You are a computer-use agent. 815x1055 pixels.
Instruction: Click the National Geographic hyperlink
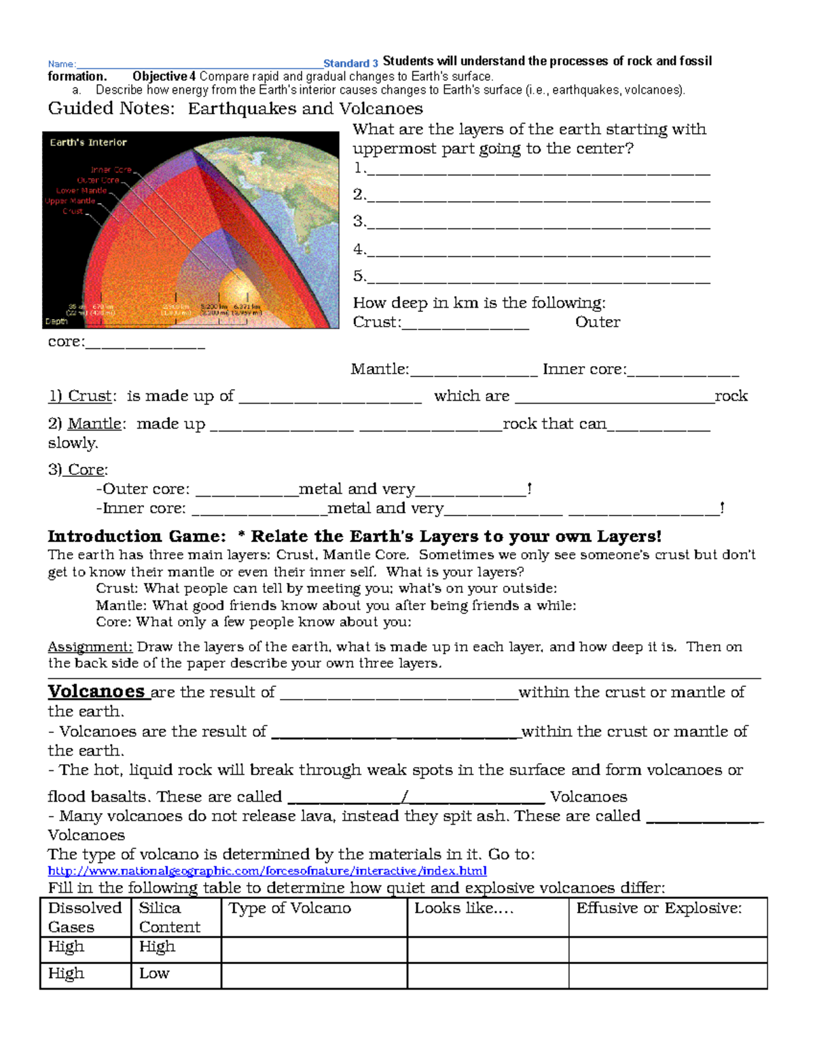pos(267,871)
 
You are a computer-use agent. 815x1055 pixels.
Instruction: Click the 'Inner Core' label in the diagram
pos(111,170)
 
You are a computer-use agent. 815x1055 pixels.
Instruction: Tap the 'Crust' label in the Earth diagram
pos(73,211)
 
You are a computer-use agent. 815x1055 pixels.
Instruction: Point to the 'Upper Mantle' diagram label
pos(70,201)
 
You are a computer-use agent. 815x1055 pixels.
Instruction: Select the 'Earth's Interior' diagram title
pos(88,143)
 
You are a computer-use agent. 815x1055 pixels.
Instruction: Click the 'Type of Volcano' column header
pos(290,908)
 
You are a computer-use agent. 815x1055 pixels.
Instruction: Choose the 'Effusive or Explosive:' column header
pos(659,908)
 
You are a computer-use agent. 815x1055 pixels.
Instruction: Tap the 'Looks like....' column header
pos(464,908)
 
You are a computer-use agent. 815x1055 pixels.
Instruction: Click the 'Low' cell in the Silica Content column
pos(154,973)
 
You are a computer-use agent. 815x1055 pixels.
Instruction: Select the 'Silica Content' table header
pos(169,917)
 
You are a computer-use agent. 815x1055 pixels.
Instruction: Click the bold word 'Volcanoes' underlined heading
pos(96,692)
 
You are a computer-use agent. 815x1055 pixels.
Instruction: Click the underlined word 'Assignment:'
pos(90,647)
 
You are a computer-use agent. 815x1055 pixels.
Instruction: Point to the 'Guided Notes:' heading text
pos(111,109)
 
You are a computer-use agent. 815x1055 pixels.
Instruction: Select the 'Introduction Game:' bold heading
pos(137,536)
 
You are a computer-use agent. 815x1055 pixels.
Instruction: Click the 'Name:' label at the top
pos(62,64)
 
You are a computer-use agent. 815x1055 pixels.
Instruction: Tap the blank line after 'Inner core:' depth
pos(683,372)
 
